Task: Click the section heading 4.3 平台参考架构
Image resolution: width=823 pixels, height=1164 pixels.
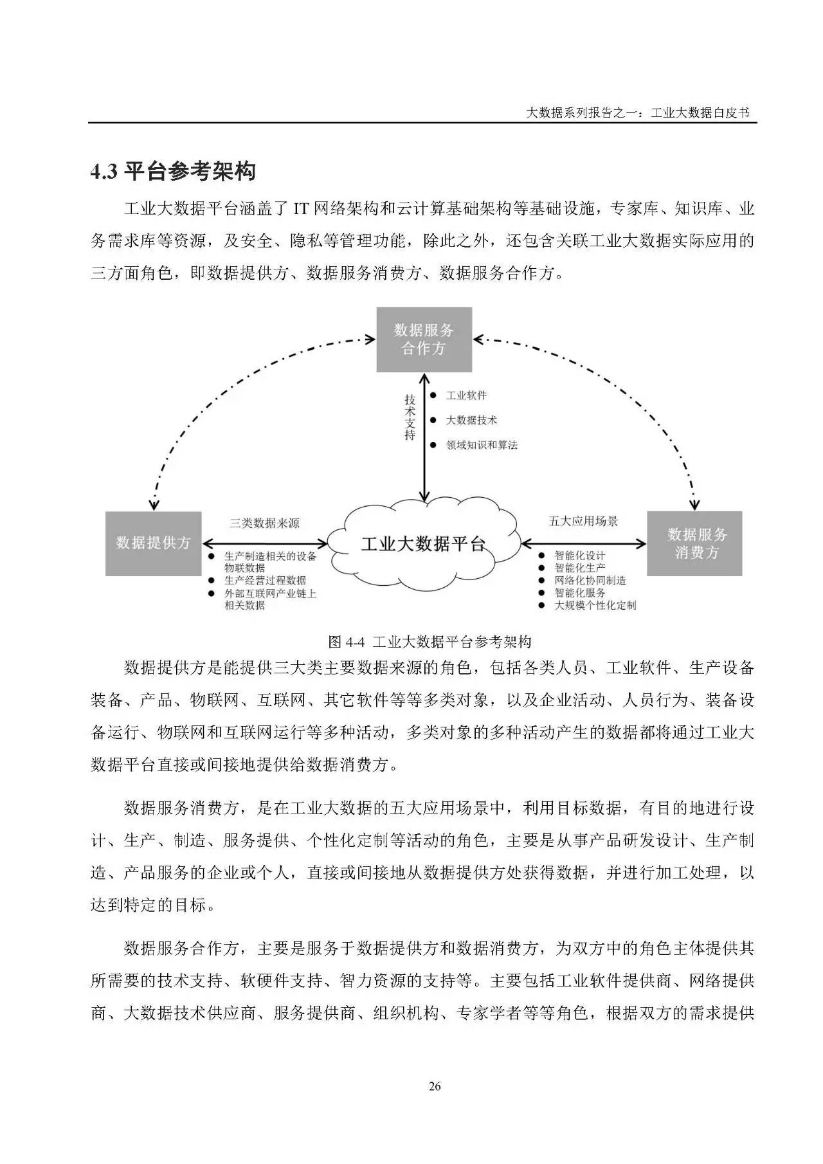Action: click(173, 172)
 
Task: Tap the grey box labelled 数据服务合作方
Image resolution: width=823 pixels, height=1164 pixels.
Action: click(424, 340)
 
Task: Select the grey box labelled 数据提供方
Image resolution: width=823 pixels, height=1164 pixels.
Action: click(153, 543)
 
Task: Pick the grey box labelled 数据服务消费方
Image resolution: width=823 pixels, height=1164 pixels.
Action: click(694, 543)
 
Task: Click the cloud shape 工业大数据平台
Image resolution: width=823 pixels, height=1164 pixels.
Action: click(422, 544)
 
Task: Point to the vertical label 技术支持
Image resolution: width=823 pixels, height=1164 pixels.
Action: click(410, 417)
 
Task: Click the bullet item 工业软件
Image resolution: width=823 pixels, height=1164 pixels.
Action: click(466, 396)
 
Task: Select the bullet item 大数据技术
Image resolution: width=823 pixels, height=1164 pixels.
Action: click(471, 420)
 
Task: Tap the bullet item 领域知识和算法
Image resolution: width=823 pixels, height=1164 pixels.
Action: click(482, 445)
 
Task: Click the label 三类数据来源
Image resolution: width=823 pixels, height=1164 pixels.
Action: click(264, 523)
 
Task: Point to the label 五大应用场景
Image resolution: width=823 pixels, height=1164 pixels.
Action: click(583, 521)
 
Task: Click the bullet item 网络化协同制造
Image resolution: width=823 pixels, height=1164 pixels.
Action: click(590, 580)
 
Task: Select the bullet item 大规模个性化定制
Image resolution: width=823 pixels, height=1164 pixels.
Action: click(595, 605)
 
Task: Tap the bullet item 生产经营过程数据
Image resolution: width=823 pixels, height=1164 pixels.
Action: click(265, 580)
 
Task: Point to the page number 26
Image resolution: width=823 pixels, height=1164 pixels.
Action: click(435, 1086)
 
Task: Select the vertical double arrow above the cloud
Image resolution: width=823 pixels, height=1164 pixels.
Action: click(424, 437)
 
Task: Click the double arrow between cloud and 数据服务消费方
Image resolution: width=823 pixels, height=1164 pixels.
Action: click(584, 544)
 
